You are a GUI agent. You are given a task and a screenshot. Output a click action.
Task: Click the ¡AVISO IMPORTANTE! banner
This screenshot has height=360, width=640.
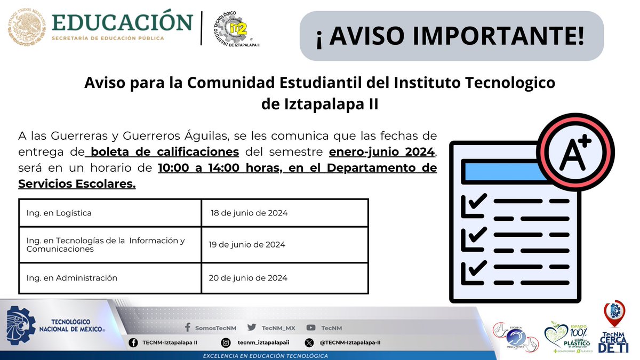pyautogui.click(x=451, y=36)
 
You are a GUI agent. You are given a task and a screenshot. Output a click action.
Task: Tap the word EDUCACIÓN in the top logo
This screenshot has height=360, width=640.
pyautogui.click(x=123, y=22)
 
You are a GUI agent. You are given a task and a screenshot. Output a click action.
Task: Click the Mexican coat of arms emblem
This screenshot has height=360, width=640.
pyautogui.click(x=27, y=27)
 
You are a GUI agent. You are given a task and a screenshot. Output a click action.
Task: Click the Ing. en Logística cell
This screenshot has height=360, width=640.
pyautogui.click(x=110, y=213)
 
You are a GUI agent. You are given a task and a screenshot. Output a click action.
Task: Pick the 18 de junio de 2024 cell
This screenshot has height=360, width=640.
pyautogui.click(x=285, y=213)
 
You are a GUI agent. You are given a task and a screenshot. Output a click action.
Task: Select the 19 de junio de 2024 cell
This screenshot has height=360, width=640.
pyautogui.click(x=285, y=245)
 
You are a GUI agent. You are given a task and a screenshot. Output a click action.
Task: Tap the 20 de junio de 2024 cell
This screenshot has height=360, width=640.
pyautogui.click(x=285, y=278)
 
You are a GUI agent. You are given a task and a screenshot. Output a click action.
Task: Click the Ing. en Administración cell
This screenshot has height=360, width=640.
pyautogui.click(x=110, y=278)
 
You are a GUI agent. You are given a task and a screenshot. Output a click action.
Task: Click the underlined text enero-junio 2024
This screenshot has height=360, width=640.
pyautogui.click(x=382, y=151)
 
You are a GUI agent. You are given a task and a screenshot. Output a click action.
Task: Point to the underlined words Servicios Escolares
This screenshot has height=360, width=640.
pyautogui.click(x=77, y=184)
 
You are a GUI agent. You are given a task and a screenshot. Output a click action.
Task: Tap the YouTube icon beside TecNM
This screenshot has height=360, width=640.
pyautogui.click(x=311, y=328)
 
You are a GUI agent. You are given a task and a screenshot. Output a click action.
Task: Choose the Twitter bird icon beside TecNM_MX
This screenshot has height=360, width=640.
pyautogui.click(x=252, y=328)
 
